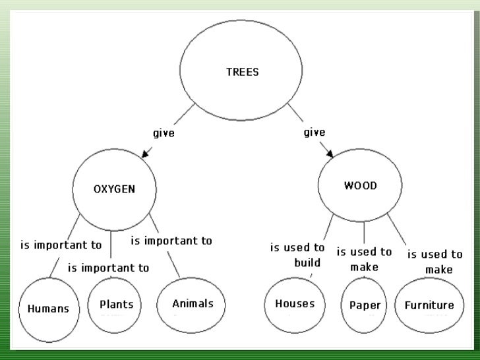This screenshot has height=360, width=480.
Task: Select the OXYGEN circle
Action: point(113,189)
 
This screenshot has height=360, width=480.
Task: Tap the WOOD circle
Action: point(360,187)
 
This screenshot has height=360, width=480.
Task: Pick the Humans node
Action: point(49,308)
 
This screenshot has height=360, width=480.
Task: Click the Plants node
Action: point(116,304)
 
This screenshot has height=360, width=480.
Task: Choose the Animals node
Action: point(193,304)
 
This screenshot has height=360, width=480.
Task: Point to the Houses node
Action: point(294,304)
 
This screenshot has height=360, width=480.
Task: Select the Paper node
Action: point(364,305)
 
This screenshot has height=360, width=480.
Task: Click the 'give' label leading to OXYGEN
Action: point(164,133)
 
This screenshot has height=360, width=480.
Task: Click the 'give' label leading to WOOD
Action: point(314,133)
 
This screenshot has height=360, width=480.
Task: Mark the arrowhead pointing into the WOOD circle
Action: point(329,155)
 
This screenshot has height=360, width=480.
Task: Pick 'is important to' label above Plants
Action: point(108,268)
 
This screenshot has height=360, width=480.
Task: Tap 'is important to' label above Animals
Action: point(171,241)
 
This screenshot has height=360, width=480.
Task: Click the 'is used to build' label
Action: point(298,255)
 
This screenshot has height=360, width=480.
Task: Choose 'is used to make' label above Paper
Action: point(364,259)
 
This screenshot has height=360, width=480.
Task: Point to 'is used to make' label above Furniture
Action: point(435,261)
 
